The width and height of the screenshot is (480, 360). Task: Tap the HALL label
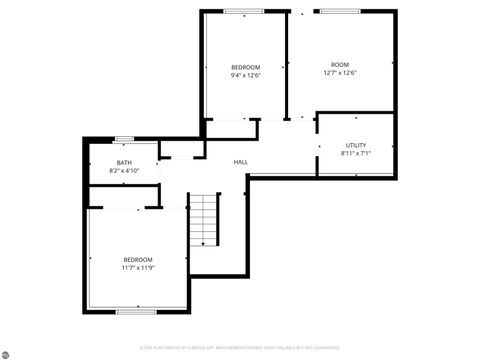(241, 162)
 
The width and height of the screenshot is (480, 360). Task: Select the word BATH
(124, 163)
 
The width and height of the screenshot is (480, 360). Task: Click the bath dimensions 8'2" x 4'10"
(124, 171)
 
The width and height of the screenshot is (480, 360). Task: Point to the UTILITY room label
(356, 146)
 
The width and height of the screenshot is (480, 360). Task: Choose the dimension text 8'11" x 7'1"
(356, 154)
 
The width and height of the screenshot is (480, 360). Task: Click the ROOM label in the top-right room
(340, 66)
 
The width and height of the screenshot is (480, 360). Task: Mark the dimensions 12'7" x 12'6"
(340, 74)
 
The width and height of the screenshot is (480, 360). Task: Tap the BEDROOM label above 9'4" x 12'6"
(245, 67)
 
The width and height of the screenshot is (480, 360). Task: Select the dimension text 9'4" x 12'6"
(245, 75)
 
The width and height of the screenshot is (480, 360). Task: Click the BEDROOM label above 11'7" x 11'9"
(138, 259)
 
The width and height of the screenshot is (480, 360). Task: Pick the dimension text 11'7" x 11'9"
(138, 267)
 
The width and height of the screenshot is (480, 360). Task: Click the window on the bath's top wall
(125, 139)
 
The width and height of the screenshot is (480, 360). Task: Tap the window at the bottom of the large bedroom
(135, 312)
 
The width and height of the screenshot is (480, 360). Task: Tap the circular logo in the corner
(7, 352)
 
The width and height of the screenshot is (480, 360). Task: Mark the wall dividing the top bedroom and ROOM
(287, 65)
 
